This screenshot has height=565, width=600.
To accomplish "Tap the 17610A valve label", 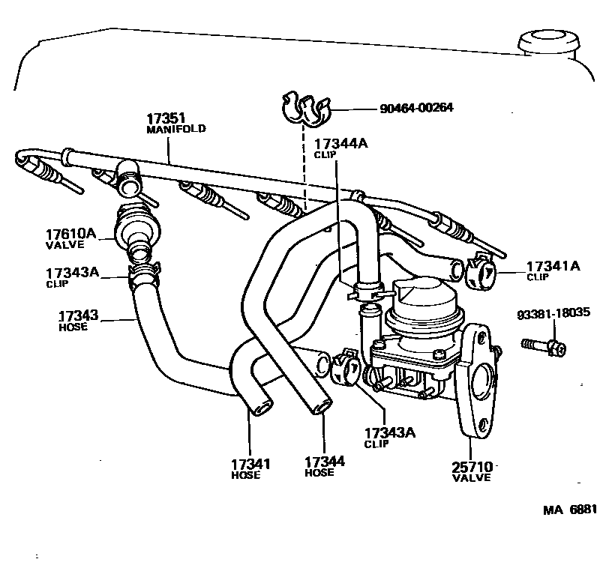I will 72,238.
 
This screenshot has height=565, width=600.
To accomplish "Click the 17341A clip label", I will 553,270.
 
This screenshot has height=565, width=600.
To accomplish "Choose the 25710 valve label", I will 471,471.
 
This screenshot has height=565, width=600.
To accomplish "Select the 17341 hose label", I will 250,468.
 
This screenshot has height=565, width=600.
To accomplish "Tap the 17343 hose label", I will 78,320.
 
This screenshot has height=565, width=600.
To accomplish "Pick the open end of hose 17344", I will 322,405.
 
